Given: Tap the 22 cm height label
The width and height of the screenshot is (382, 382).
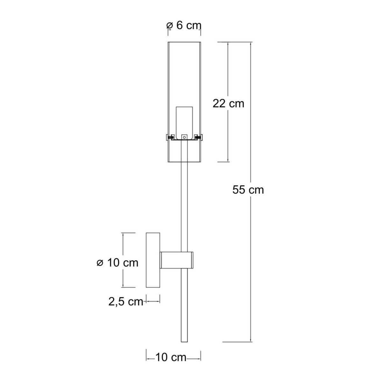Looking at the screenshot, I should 228,103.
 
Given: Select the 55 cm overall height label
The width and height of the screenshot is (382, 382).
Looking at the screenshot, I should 248,190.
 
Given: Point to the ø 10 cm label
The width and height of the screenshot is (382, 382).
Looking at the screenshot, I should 117,263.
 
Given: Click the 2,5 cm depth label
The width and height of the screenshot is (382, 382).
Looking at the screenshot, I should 126,301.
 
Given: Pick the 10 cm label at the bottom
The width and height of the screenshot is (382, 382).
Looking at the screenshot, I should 171,357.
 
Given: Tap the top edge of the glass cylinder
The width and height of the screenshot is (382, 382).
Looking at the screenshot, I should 184,42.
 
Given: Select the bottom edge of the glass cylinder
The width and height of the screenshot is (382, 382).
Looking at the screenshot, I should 184,162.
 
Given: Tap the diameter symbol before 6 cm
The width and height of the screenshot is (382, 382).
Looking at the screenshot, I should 170,26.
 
